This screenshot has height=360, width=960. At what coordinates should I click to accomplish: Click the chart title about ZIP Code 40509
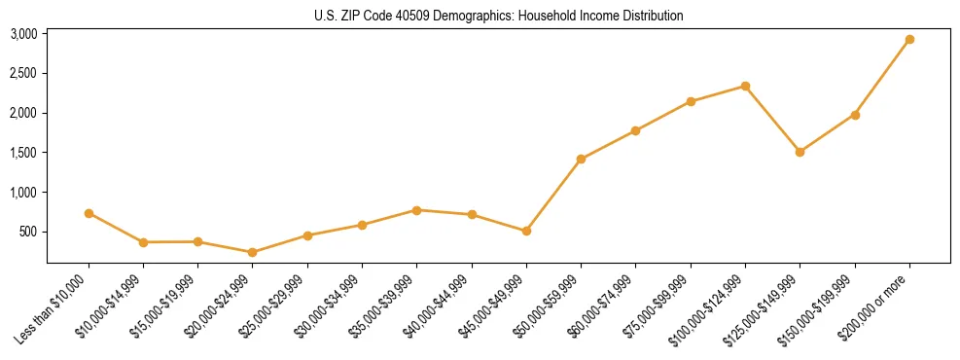tap(498, 16)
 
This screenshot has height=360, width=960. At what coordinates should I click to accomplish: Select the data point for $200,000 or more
tap(909, 40)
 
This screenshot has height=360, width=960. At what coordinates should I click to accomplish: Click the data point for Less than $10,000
tap(89, 213)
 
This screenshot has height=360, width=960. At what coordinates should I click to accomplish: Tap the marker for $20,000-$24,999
tap(253, 252)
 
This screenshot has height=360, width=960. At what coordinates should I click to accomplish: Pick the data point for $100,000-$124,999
tap(745, 86)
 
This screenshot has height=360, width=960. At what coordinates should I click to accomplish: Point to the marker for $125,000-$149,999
tap(800, 152)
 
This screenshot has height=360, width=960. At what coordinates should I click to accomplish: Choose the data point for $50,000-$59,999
tap(581, 159)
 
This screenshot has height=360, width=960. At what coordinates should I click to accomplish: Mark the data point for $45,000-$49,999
tap(526, 231)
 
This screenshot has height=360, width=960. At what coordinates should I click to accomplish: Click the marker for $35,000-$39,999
tap(416, 210)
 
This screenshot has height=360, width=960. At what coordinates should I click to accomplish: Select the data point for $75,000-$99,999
tap(691, 101)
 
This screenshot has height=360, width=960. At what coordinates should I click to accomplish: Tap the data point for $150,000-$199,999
tap(855, 115)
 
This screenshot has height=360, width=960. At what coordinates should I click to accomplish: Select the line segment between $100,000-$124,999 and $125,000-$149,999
tap(772, 119)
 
